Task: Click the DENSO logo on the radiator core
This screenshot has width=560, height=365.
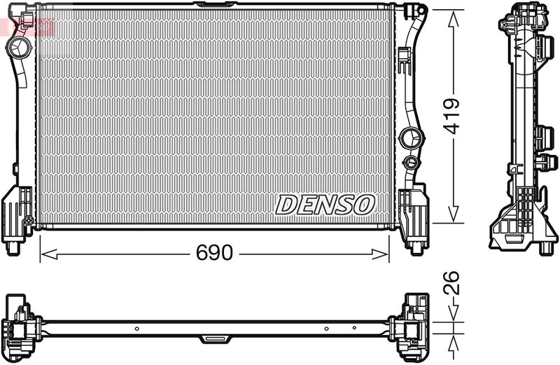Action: pyautogui.click(x=325, y=205)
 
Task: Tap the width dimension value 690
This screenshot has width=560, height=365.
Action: pyautogui.click(x=213, y=253)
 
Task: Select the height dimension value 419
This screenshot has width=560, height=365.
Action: pyautogui.click(x=453, y=116)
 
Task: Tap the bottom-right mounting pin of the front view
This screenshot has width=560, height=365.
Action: pyautogui.click(x=415, y=247)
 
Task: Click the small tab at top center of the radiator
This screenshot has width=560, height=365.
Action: pyautogui.click(x=214, y=5)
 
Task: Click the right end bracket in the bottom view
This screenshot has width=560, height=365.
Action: pyautogui.click(x=410, y=326)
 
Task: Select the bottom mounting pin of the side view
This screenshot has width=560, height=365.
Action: pyautogui.click(x=547, y=247)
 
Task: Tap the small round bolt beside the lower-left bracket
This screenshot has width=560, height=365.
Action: pyautogui.click(x=29, y=221)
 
